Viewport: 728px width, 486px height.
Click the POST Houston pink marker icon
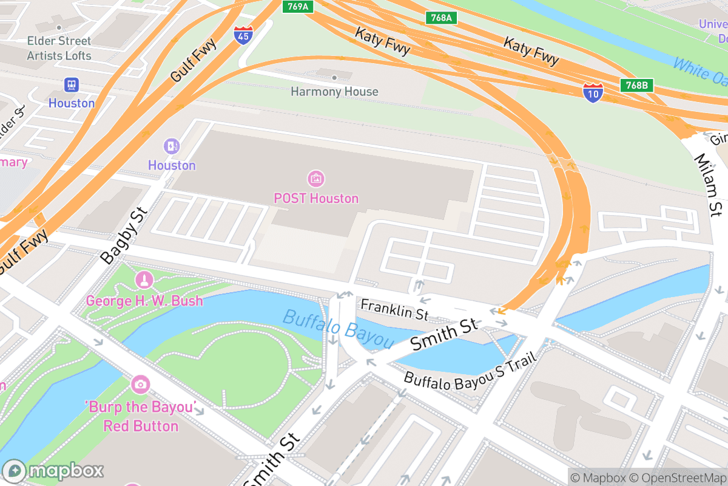(316, 179)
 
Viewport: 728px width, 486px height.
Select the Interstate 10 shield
(593, 92)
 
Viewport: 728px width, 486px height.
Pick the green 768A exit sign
(440, 18)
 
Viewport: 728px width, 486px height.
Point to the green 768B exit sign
(636, 86)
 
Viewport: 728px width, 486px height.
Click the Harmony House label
(334, 92)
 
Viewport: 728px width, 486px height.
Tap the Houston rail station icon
(72, 84)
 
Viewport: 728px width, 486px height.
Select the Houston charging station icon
(172, 146)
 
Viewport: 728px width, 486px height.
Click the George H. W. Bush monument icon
(144, 281)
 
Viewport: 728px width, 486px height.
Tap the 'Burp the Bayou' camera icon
(140, 384)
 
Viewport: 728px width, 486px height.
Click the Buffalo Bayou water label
(339, 329)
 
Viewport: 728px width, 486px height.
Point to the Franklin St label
(394, 309)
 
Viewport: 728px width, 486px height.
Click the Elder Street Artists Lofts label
(59, 48)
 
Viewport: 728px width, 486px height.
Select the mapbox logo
(54, 470)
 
